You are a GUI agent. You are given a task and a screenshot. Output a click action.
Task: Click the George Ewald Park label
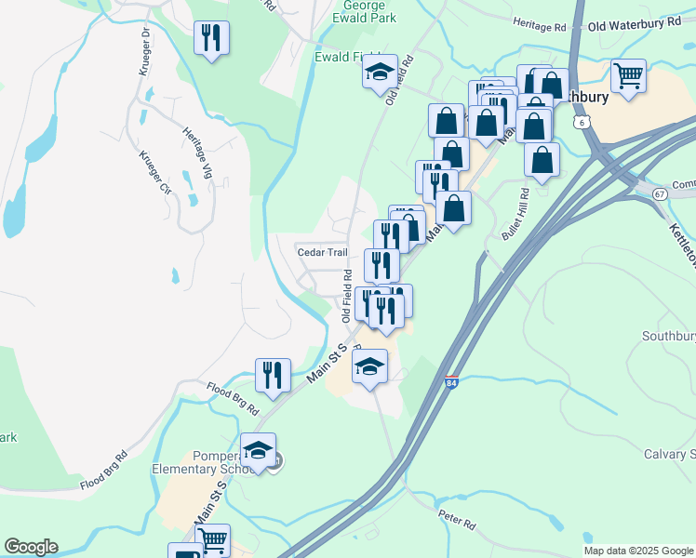[x=365, y=11]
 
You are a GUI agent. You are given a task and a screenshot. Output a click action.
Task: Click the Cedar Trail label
[x=321, y=252]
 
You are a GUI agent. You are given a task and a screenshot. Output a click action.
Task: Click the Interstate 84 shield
[x=451, y=382]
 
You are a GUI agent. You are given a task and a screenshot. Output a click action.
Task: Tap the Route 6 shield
[x=582, y=122]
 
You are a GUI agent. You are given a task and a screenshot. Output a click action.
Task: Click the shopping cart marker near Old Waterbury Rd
[x=629, y=76]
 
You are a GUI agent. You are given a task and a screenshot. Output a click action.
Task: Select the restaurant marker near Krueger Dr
[x=211, y=38]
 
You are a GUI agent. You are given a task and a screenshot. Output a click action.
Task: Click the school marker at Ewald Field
[x=380, y=72]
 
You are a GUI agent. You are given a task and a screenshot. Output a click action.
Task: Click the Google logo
[x=31, y=547]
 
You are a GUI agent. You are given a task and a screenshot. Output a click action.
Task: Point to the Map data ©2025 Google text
[x=639, y=551]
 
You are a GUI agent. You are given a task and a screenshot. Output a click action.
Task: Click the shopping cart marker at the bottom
[x=213, y=539]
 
